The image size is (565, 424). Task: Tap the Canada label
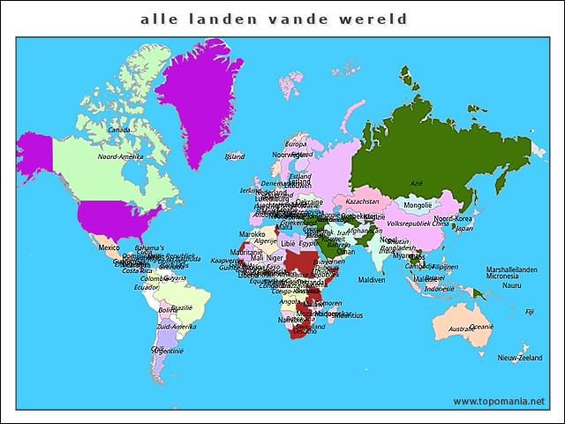tap(119, 130)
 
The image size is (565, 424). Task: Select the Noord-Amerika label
tap(120, 156)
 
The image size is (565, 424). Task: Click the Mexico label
tap(109, 247)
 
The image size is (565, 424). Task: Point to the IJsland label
tap(235, 156)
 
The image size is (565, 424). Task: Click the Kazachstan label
tap(362, 201)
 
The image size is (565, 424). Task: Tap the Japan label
tap(463, 227)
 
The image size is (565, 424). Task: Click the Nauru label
tap(512, 285)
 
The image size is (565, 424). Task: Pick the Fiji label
tap(530, 311)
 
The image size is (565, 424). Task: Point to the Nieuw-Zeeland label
tap(519, 358)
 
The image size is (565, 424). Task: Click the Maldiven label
tap(372, 280)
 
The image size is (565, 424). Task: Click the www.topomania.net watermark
tap(499, 401)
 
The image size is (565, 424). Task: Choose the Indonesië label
tap(440, 289)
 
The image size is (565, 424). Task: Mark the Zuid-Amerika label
tap(176, 327)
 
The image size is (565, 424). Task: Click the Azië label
tap(417, 184)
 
